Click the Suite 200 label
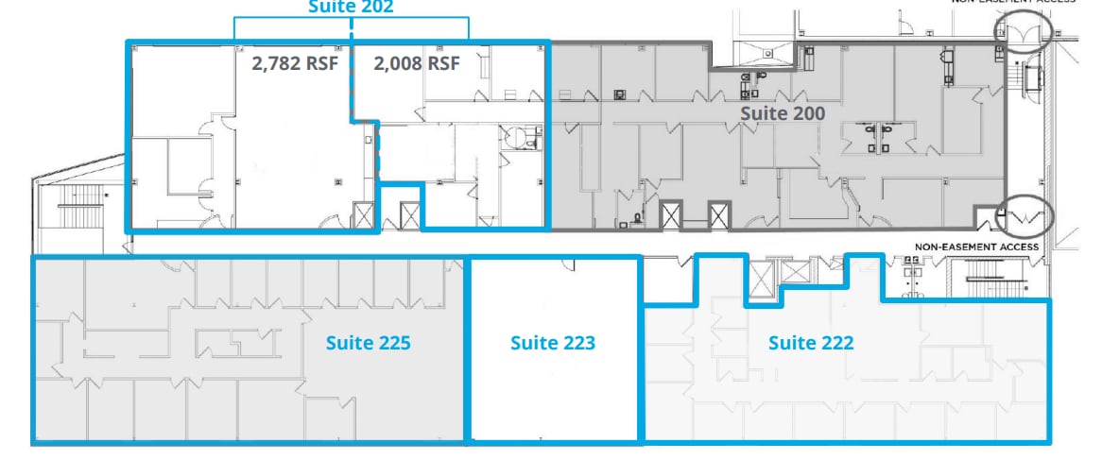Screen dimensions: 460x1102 click(782, 113)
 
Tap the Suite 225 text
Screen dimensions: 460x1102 click(368, 342)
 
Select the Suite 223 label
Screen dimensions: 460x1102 click(553, 342)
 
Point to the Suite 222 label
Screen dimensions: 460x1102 click(810, 342)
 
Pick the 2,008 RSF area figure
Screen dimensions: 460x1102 click(417, 64)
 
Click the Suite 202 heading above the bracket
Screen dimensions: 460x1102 click(351, 7)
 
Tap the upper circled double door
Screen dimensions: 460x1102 click(1024, 35)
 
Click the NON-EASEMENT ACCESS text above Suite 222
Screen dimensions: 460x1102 click(976, 247)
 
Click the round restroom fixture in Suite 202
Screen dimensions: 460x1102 click(516, 139)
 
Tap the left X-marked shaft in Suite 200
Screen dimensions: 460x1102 click(671, 215)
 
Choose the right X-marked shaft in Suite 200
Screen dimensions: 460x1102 click(718, 215)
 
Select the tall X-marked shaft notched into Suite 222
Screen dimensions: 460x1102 click(761, 281)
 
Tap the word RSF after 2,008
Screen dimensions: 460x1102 click(444, 64)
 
